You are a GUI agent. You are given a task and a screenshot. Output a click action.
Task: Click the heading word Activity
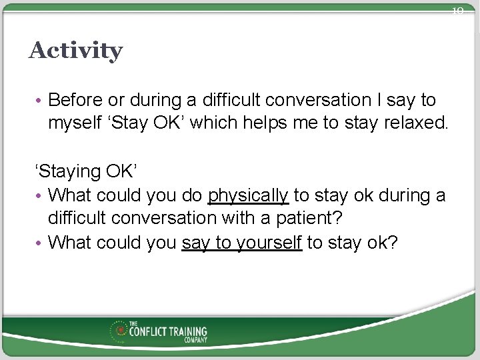click(75, 51)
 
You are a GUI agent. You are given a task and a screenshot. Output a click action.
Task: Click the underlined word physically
click(248, 195)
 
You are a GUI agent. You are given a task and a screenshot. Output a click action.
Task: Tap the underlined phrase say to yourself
click(242, 242)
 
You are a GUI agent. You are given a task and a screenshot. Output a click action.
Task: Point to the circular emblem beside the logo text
click(121, 331)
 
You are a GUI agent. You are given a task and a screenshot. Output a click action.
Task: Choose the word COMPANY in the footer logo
click(196, 340)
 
